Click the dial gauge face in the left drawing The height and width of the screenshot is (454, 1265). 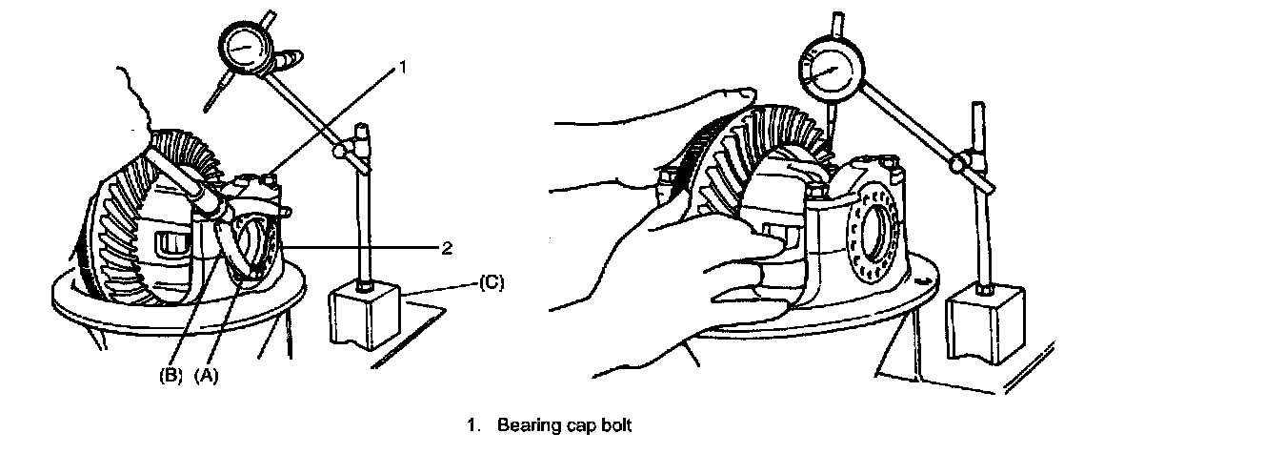pyautogui.click(x=246, y=45)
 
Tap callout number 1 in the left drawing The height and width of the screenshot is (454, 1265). pyautogui.click(x=403, y=68)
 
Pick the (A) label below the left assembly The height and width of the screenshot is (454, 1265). pyautogui.click(x=207, y=376)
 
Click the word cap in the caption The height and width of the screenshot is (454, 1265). pyautogui.click(x=575, y=425)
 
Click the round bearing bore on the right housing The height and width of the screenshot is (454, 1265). pyautogui.click(x=877, y=235)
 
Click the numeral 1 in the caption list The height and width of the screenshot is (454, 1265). pyautogui.click(x=471, y=425)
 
